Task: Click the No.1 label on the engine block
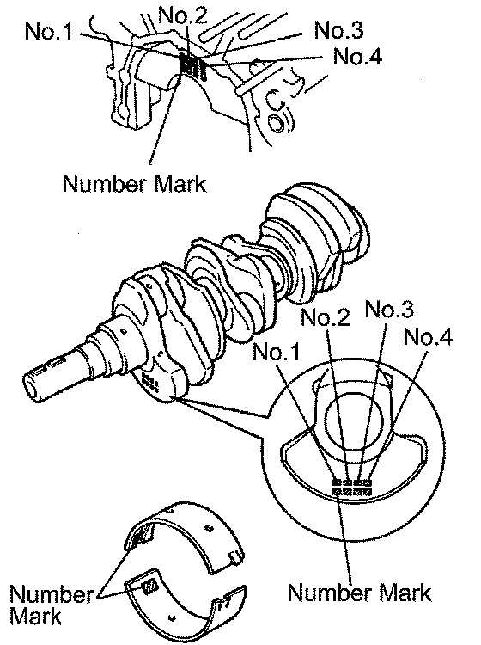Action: coord(48,31)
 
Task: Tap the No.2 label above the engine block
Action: coord(183,15)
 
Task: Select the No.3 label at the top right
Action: coord(339,30)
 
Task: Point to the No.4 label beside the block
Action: coord(358,57)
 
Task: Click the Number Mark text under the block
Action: coord(134,183)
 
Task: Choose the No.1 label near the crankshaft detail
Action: coord(276,352)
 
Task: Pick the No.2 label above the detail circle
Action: coord(326,317)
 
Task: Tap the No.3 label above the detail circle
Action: coord(389,309)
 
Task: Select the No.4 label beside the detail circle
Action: coord(428,337)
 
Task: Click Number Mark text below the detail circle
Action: coord(359,593)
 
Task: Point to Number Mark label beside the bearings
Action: coord(52,605)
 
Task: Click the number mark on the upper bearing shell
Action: coord(140,537)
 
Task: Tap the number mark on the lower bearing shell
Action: coord(149,586)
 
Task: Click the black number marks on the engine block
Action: coord(193,66)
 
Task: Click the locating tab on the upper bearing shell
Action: coord(236,556)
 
